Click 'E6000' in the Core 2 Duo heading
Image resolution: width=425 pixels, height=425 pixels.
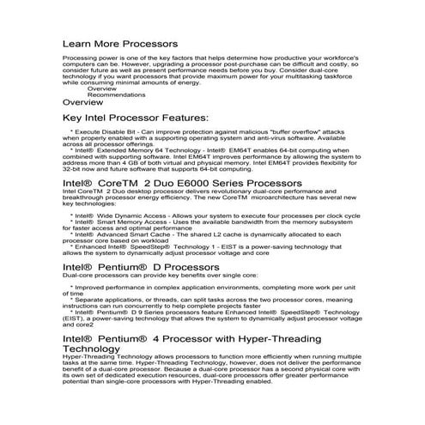click(x=183, y=184)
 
